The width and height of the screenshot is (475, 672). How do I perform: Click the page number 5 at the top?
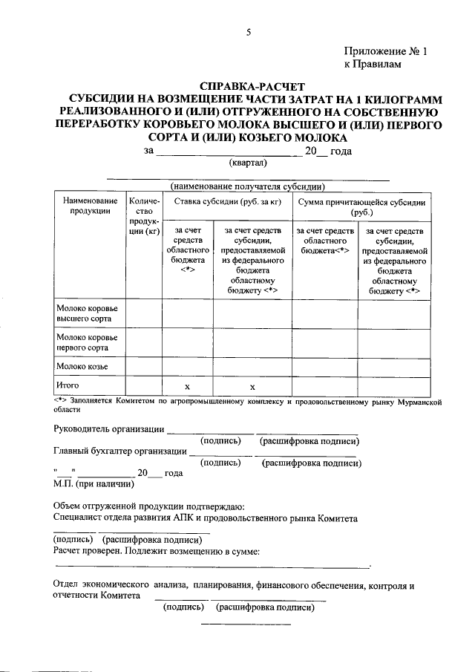click(249, 31)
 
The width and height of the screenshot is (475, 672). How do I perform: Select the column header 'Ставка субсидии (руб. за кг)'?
click(227, 202)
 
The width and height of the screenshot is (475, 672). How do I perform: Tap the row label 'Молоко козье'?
click(82, 367)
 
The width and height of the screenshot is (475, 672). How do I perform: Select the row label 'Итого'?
click(68, 385)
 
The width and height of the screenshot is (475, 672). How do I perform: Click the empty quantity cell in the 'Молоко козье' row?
click(144, 367)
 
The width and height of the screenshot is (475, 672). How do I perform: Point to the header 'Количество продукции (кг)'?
click(144, 216)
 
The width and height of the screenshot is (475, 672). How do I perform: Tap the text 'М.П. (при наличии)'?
click(94, 484)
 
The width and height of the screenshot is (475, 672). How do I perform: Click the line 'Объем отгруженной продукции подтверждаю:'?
click(149, 507)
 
